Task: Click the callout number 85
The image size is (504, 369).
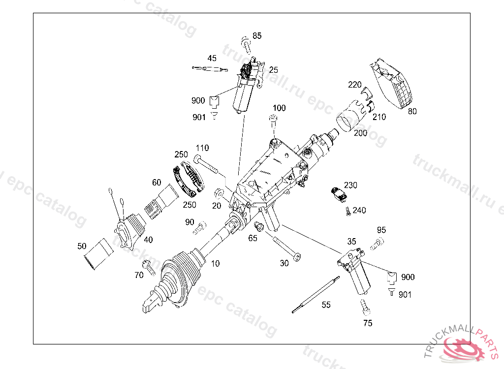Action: coord(257,35)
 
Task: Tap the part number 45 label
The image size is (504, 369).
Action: coord(212,58)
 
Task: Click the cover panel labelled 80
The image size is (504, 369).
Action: coord(394,86)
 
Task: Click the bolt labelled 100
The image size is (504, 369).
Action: coord(273,120)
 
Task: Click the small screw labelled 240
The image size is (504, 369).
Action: coord(348,211)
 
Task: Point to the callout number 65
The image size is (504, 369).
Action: coord(252,238)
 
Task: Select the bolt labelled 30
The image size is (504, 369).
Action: coord(286,248)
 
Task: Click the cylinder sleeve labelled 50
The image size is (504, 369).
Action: coord(98,254)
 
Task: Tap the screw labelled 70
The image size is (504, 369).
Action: coord(148,267)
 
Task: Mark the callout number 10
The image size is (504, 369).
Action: coord(215,263)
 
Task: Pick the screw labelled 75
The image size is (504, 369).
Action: coord(364,308)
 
